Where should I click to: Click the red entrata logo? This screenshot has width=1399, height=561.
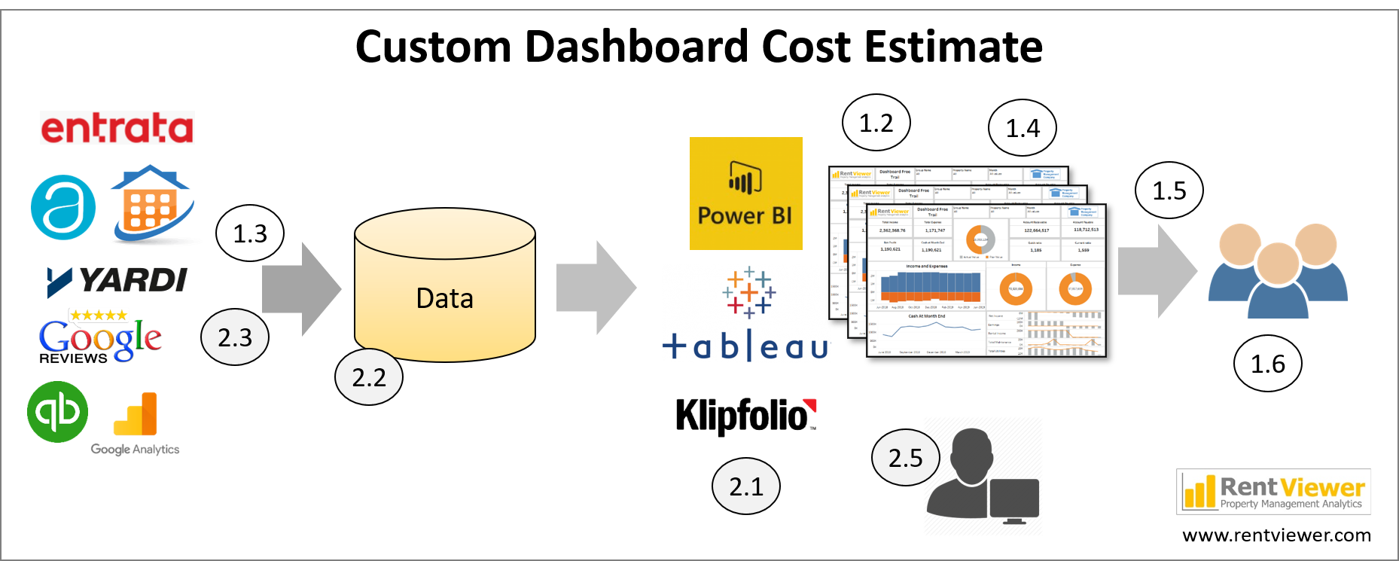click(x=117, y=128)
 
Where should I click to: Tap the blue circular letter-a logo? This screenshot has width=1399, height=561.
click(x=63, y=207)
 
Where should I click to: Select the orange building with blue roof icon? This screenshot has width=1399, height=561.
click(x=153, y=205)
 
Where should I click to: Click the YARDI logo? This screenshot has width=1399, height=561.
click(x=117, y=282)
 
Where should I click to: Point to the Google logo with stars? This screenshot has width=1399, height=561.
click(x=100, y=335)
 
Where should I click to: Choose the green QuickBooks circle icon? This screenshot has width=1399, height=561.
click(x=58, y=412)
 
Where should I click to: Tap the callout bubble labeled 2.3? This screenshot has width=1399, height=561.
click(x=235, y=337)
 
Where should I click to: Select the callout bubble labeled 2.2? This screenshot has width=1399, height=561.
click(x=368, y=377)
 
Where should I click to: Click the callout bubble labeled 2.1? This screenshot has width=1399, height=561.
click(x=745, y=486)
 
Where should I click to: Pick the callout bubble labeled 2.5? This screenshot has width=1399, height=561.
click(x=905, y=458)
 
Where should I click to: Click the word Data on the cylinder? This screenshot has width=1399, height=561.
click(x=444, y=299)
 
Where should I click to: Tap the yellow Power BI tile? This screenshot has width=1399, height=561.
click(x=745, y=194)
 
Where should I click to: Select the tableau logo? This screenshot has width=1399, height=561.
click(x=746, y=314)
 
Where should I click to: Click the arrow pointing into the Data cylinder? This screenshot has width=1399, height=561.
click(x=301, y=288)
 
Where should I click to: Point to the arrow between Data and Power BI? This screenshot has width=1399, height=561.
click(x=596, y=288)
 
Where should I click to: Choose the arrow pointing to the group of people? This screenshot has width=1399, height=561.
click(x=1157, y=271)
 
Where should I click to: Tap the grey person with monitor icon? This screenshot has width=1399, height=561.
click(x=983, y=476)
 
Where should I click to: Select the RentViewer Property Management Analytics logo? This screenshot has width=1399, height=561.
click(x=1273, y=492)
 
